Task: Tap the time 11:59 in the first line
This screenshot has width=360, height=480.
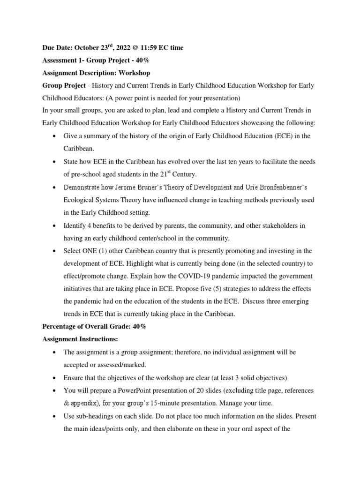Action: (147, 48)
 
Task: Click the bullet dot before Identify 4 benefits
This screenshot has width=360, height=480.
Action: (55, 226)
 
